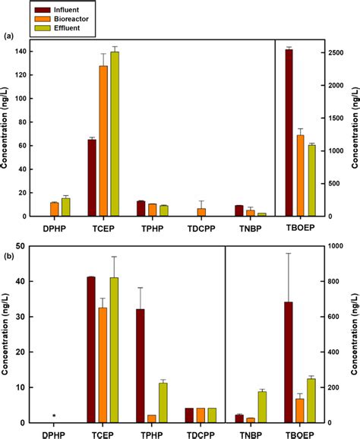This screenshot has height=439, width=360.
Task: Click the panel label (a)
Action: tap(10, 36)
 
